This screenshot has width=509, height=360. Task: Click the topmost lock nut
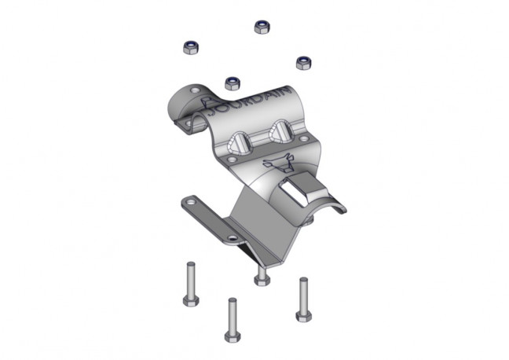click(x=262, y=27)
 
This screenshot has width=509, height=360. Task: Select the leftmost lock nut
click(x=191, y=47)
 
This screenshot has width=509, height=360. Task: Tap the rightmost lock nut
click(x=304, y=63)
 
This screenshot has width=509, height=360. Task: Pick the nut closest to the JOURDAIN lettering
click(x=233, y=83)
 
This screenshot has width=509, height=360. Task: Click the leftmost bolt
click(x=191, y=284)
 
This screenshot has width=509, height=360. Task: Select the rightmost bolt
click(x=304, y=299)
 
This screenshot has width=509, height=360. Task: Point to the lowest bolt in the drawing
click(x=233, y=320)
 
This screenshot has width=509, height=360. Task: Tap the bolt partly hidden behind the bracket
click(x=262, y=276)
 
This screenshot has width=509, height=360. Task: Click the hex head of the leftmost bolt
click(x=191, y=301)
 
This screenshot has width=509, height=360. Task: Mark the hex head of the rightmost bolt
click(x=304, y=316)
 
